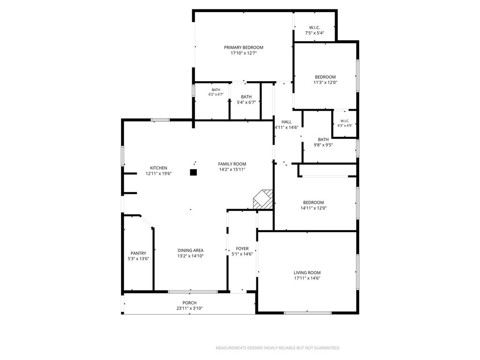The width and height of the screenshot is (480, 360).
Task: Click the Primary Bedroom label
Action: coord(243,47)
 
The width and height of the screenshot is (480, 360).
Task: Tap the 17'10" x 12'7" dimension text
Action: coord(243,53)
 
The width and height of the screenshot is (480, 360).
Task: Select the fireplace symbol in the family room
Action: coord(262,199)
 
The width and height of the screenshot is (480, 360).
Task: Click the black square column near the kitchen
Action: coord(193,172)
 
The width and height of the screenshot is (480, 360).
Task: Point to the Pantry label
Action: coord(138,253)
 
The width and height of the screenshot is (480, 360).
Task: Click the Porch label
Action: coord(189,303)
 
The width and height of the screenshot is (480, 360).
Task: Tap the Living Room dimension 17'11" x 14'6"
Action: coord(307,278)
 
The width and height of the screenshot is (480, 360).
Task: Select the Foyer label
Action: coord(242,248)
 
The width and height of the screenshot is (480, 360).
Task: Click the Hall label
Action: coord(286,122)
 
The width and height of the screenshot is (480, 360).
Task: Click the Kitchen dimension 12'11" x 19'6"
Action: coord(158,173)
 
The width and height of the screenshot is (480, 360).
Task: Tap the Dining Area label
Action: coord(190,250)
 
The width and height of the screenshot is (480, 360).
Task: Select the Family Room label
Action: coord(232,164)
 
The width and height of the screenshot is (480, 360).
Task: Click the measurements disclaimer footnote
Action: coord(278,348)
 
